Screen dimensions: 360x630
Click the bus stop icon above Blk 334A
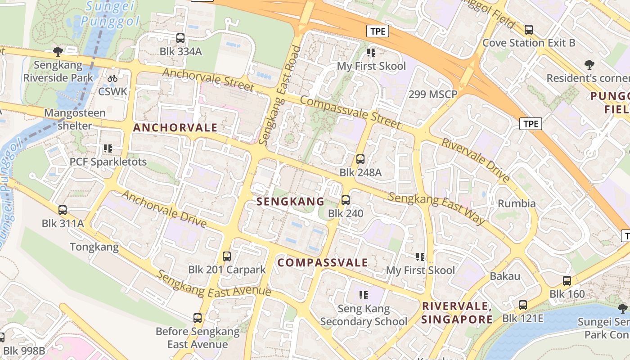point(180,38)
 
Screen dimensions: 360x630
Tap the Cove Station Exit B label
point(529,43)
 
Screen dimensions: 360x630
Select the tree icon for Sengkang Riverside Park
point(58,52)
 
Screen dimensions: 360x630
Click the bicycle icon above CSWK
point(112,78)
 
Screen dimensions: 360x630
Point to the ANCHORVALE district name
point(175,127)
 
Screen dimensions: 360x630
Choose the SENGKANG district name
point(290,202)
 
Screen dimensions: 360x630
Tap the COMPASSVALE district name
point(322,262)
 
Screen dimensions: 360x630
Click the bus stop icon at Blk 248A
point(360,159)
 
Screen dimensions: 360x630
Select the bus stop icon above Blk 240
point(346,200)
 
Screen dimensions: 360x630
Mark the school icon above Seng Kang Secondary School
point(364,295)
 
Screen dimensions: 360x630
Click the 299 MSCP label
point(433,94)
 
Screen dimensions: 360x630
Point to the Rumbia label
point(517,203)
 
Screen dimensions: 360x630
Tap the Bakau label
point(505,276)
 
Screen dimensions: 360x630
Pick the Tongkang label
point(94,247)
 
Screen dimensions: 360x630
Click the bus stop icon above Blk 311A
point(63,210)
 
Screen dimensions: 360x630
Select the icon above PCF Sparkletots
point(108,148)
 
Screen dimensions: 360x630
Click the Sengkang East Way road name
point(436,208)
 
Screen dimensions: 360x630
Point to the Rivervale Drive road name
point(476,160)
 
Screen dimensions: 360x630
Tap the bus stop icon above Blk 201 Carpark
point(227,256)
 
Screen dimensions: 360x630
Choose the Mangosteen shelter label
point(75,119)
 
